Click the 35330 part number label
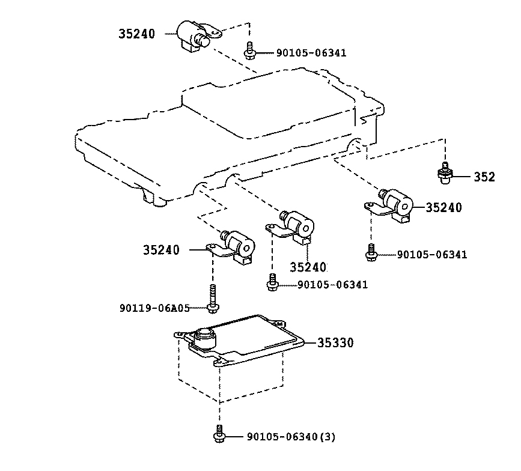coord(335,342)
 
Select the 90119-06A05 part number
coord(154,308)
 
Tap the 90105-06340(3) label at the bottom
coord(291,436)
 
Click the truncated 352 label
coord(484,177)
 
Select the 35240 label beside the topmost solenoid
coord(137,34)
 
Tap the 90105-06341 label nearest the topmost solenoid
coord(311,53)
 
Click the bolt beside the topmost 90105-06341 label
coord(249,51)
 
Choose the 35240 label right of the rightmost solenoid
coord(444,207)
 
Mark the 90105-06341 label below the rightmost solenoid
coord(432,255)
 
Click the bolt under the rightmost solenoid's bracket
coord(371,252)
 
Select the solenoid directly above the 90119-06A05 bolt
coord(232,247)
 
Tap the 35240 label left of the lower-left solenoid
coord(162,250)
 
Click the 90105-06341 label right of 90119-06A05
coord(332,285)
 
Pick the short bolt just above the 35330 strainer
coord(272,283)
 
